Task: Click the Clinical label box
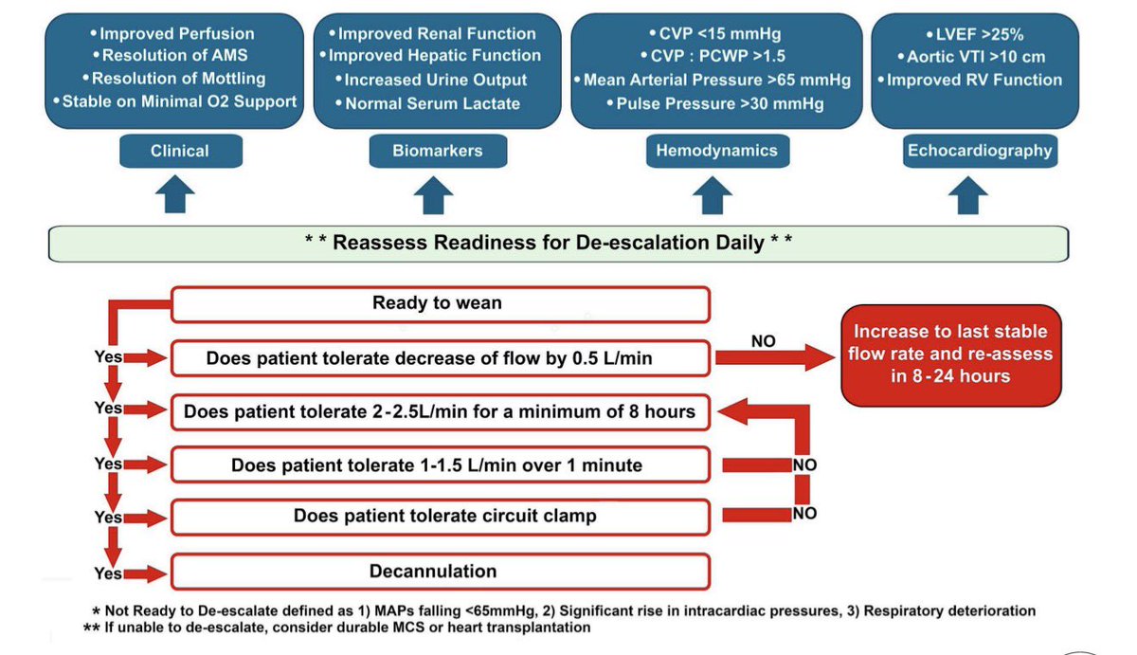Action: click(179, 151)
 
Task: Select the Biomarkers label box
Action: click(438, 151)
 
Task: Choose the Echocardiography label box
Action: click(979, 151)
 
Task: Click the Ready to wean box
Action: click(440, 304)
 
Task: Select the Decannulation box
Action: click(440, 572)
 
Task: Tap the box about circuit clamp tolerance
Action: click(440, 517)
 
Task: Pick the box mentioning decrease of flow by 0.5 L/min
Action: click(440, 358)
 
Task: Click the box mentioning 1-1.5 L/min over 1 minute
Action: click(440, 465)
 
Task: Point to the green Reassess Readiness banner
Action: click(558, 243)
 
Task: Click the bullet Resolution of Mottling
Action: click(175, 79)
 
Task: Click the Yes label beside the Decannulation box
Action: click(109, 573)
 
